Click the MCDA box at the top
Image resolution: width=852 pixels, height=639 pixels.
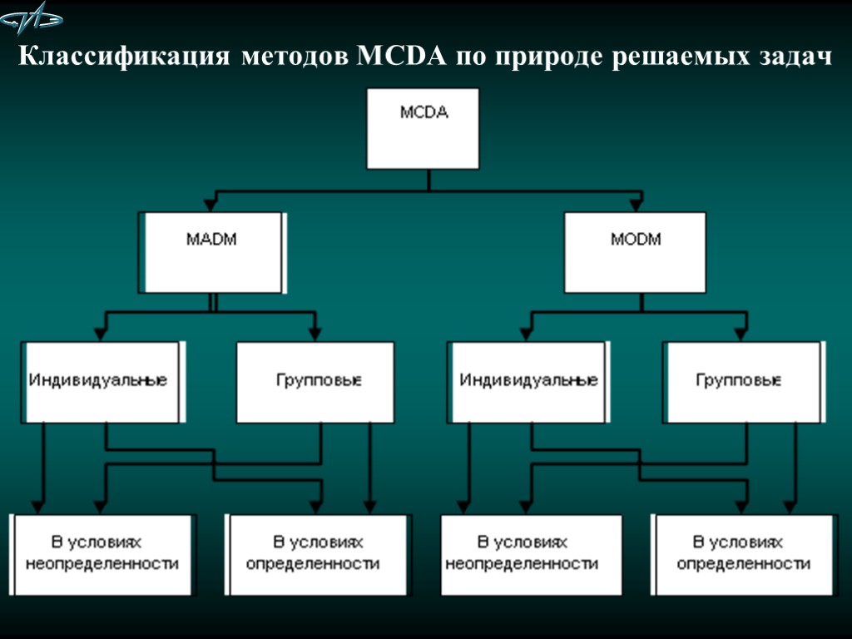[424, 129]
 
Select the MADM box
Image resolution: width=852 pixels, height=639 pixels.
[213, 252]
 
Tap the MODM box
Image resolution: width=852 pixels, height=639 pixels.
[635, 252]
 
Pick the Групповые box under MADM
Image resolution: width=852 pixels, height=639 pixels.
[319, 382]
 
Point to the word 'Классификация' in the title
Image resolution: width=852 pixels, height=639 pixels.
[124, 58]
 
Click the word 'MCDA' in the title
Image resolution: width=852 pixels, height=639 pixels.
[402, 58]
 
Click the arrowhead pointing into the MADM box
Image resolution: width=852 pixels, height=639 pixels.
[214, 205]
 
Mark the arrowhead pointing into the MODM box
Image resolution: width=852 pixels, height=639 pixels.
[637, 205]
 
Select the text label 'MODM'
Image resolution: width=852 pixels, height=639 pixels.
[635, 240]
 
